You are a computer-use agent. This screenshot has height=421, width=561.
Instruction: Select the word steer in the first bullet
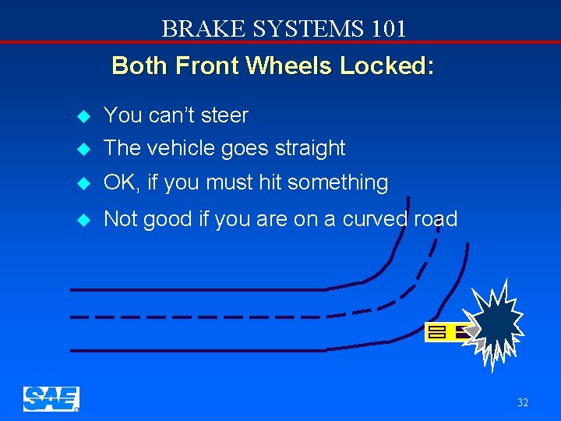click(223, 115)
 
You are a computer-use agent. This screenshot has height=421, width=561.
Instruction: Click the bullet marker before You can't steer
click(86, 116)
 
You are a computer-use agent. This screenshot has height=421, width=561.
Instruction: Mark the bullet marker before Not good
click(86, 220)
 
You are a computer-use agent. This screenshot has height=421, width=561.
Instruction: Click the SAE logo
click(51, 398)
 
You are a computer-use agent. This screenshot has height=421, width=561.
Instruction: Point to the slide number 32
click(523, 403)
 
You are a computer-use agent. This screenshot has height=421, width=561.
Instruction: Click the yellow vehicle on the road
click(449, 332)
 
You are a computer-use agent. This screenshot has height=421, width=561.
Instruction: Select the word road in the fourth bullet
click(436, 219)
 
